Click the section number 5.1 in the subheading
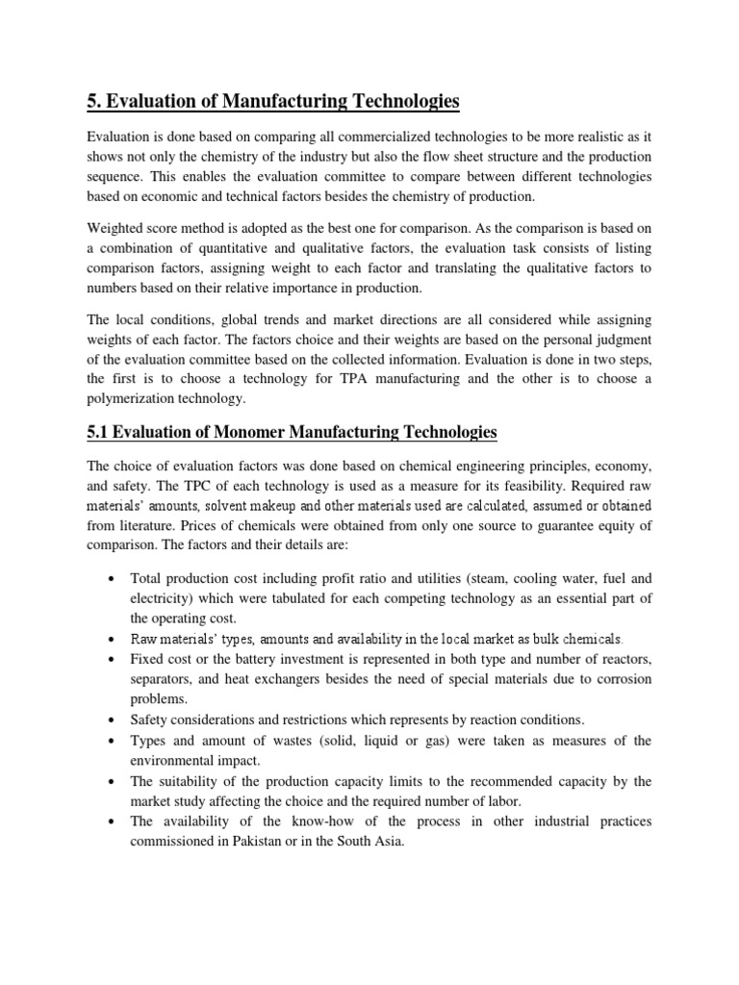pyautogui.click(x=98, y=433)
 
